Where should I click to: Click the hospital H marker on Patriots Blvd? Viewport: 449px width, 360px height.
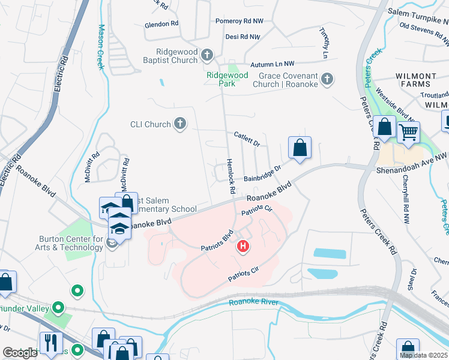pos(243,246)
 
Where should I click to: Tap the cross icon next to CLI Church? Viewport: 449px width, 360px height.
pos(179,124)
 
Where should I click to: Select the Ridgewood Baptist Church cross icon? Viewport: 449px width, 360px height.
pos(207,55)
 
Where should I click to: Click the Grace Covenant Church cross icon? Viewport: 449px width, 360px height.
pos(327,80)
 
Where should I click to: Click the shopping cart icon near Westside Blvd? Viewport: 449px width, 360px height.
pos(408,132)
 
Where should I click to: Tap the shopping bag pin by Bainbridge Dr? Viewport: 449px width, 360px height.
pos(300,148)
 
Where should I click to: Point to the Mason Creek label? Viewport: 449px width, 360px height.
pos(100,47)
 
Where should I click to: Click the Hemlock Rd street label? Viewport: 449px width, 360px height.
pos(230,175)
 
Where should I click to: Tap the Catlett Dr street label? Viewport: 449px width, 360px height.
pos(247,140)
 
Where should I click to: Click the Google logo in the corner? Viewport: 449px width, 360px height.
pos(20,353)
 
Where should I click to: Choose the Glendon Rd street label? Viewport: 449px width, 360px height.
pos(161,25)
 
